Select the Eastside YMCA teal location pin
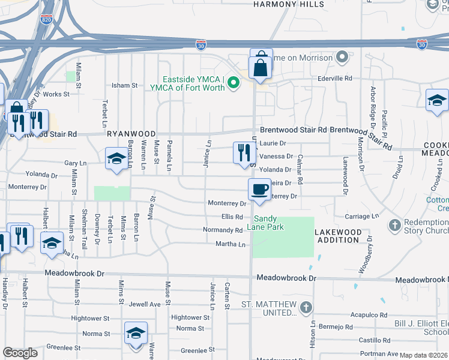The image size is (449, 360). [x=235, y=83]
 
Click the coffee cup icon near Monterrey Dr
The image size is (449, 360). [x=259, y=190]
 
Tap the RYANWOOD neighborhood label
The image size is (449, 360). [x=131, y=134]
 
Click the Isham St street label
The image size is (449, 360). [x=125, y=86]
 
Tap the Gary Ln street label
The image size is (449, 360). [x=75, y=163]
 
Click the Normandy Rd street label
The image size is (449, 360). [x=222, y=230]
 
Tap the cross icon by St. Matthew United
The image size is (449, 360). [x=306, y=308]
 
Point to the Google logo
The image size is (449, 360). [x=20, y=353]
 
